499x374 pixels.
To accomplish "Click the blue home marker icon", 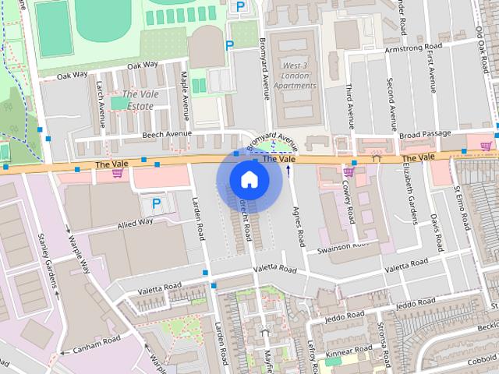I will click(249, 179).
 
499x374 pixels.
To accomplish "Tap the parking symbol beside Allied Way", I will click(156, 204).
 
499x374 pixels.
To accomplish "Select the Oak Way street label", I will click(143, 66).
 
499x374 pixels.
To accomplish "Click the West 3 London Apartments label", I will click(295, 76).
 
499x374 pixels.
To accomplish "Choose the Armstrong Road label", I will click(415, 48).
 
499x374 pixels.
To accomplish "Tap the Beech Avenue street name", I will click(166, 134).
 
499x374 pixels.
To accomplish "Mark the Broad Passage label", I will click(425, 134).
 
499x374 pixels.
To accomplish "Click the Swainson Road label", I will click(343, 246).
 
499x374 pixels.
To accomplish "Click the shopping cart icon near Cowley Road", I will click(348, 171).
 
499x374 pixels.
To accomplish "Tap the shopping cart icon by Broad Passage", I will click(486, 146).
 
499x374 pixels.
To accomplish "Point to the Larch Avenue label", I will click(101, 108).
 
